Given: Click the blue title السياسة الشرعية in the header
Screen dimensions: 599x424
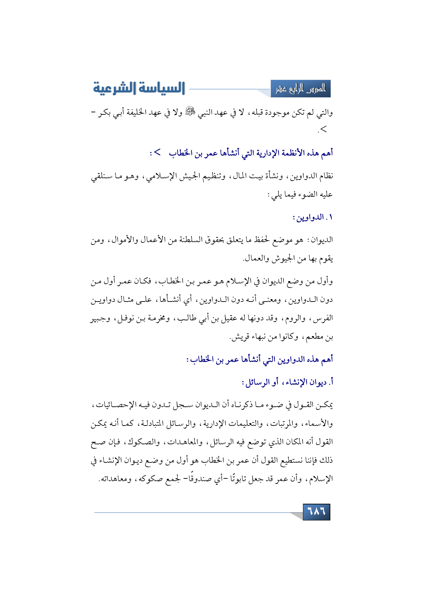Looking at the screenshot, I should (x=139, y=88).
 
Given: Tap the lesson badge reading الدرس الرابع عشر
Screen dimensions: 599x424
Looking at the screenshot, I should (x=301, y=89).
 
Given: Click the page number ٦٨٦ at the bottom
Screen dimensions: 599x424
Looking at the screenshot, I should (x=317, y=512).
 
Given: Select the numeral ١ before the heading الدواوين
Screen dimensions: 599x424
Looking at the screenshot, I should (x=330, y=217).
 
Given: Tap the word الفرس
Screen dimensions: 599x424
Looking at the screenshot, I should (x=323, y=318).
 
